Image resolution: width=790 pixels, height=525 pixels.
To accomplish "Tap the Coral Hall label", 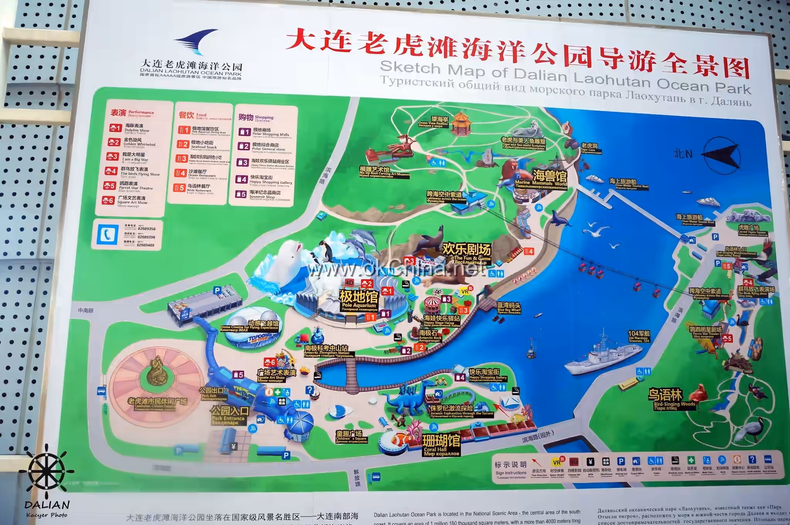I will tap(441, 445).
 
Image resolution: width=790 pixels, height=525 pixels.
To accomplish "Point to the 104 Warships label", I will tap(639, 336).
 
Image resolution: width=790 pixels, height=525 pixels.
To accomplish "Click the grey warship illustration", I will tap(602, 354).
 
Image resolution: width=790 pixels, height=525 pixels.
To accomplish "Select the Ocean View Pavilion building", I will tap(459, 122).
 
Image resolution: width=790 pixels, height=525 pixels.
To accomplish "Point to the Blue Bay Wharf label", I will tap(508, 307).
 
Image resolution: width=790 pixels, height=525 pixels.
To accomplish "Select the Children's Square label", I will tap(350, 437).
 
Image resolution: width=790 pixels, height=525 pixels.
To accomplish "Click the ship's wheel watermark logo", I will tap(47, 473).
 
